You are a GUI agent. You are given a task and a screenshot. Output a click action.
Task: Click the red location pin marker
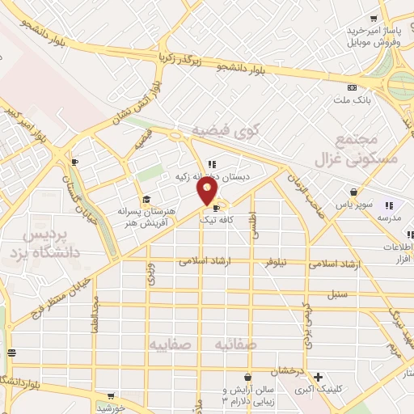208,191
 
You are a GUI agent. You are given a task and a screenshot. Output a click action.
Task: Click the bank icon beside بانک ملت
351,87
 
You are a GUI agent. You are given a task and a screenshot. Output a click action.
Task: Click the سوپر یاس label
354,205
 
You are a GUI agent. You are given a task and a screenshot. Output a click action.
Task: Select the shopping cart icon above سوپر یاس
354,192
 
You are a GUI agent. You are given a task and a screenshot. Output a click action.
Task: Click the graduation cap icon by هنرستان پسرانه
146,199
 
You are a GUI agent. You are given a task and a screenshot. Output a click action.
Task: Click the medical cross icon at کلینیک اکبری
319,377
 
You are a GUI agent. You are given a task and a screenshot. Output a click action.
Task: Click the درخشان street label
286,370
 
